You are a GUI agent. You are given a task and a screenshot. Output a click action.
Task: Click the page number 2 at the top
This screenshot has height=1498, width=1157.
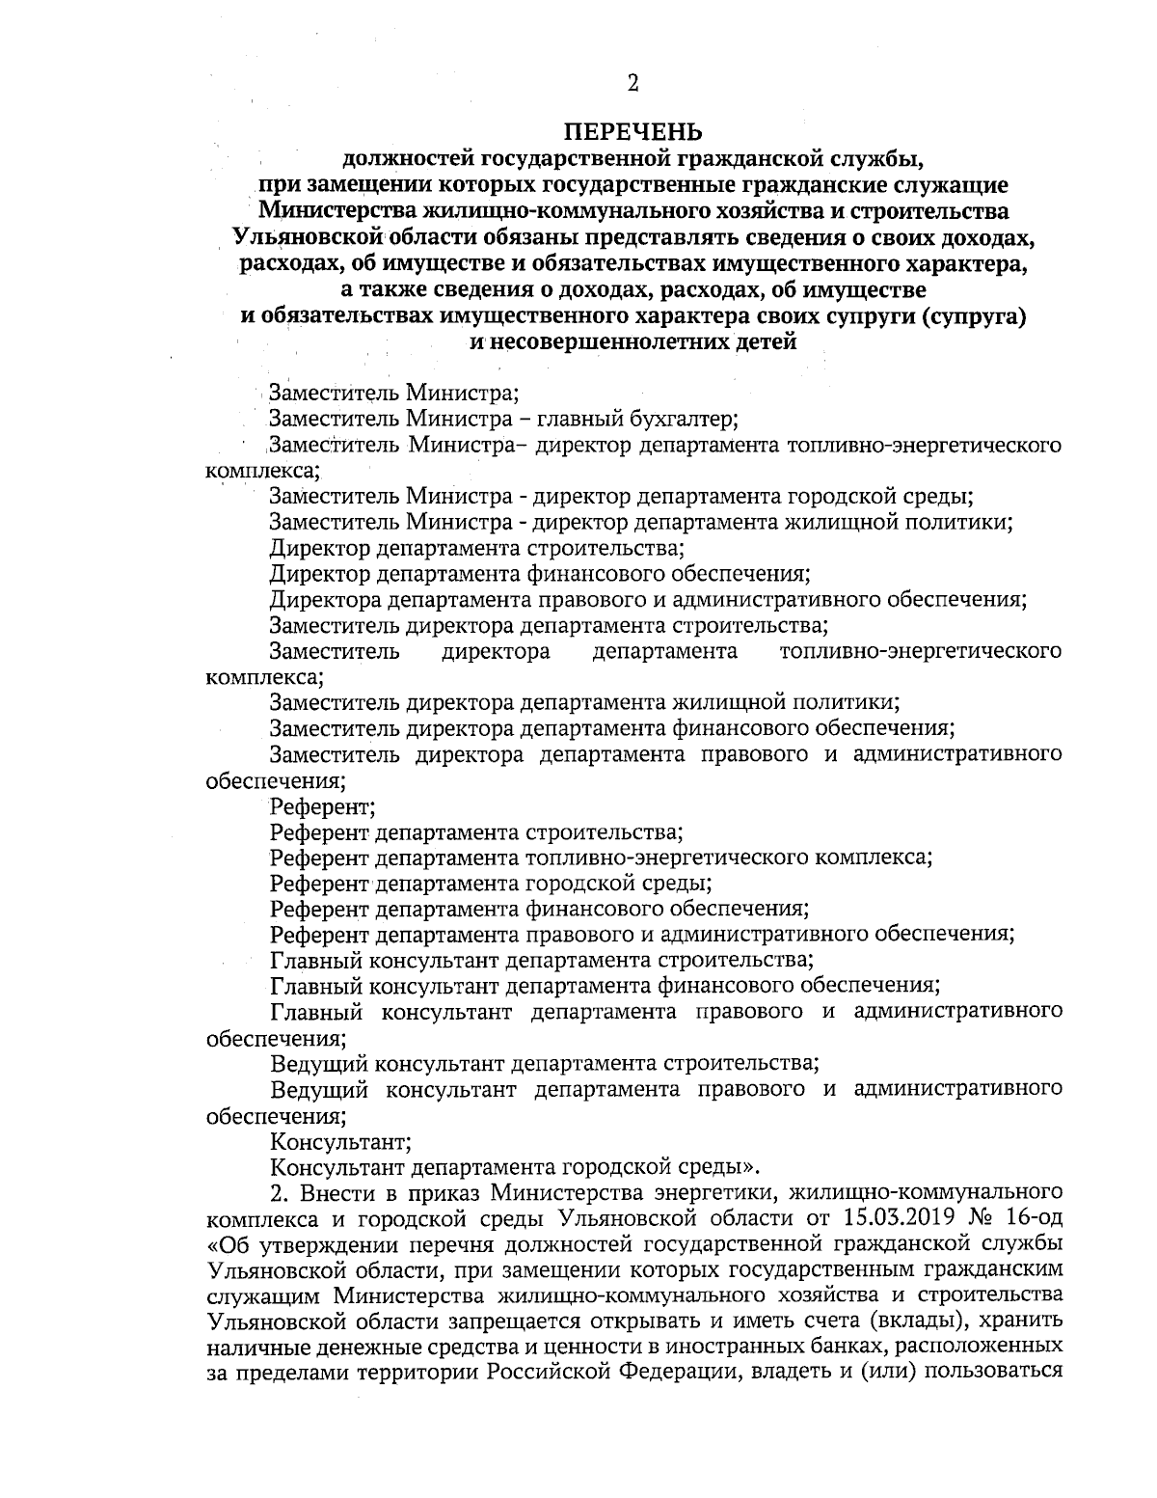coord(633,84)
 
